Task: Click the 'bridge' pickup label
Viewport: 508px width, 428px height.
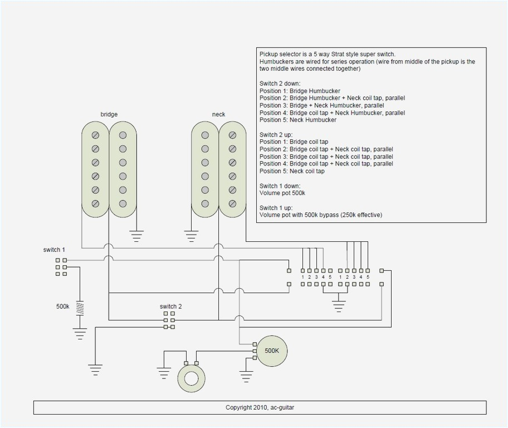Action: [x=109, y=114]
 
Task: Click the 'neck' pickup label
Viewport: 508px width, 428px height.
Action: [x=218, y=114]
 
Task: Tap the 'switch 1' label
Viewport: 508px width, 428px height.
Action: [x=54, y=250]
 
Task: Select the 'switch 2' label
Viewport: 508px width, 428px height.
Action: [x=170, y=307]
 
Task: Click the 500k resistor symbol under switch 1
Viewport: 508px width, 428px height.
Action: [x=80, y=308]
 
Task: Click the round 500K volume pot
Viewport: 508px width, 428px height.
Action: [x=271, y=351]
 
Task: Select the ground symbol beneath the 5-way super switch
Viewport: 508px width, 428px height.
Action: [x=338, y=305]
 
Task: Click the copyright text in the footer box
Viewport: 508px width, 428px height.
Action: [x=260, y=407]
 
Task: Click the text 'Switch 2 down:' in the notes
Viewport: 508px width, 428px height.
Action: [x=280, y=84]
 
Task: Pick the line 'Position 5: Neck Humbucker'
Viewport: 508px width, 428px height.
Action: [x=297, y=120]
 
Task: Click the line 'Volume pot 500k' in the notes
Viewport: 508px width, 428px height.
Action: [x=282, y=193]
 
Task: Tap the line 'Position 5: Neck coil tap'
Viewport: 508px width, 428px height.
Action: [x=292, y=171]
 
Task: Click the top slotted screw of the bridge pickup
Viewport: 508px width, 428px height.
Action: [x=95, y=135]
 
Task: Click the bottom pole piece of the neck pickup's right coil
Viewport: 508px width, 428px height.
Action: [x=232, y=204]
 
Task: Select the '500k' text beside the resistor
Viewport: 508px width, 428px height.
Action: [x=63, y=307]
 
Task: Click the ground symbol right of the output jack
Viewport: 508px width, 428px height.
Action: [x=246, y=376]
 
